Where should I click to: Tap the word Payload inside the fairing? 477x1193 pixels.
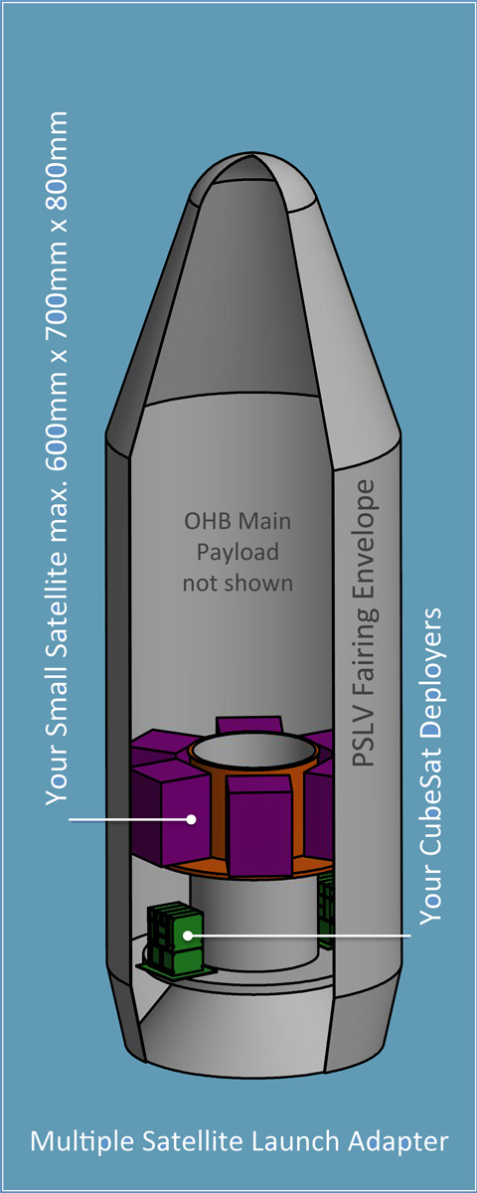click(238, 553)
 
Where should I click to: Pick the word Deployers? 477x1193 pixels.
click(430, 670)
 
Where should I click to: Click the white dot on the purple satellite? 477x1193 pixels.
click(191, 819)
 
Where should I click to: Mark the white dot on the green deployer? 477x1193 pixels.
click(188, 935)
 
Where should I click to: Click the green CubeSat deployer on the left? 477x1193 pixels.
click(176, 938)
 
